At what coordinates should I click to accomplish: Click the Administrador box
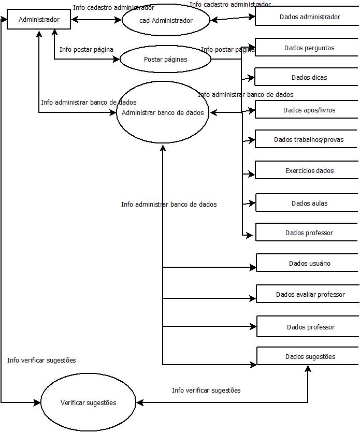point(39,20)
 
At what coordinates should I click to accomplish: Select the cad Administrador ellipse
point(166,20)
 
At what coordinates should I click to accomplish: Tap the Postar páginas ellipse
point(165,59)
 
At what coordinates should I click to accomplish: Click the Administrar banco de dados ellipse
point(163,112)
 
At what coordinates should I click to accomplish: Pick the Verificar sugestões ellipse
point(88,402)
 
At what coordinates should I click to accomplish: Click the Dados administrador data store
point(307,17)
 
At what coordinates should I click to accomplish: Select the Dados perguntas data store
point(307,48)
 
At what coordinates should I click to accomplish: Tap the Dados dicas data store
point(307,78)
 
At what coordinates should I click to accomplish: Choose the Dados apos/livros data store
point(307,110)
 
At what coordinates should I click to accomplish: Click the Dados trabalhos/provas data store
point(307,139)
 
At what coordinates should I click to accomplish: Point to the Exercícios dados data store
point(307,170)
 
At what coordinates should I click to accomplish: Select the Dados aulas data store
point(307,203)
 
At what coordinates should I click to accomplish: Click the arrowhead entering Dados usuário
point(253,268)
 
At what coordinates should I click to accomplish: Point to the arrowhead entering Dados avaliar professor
point(253,298)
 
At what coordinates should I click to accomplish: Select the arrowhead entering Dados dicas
point(252,78)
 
